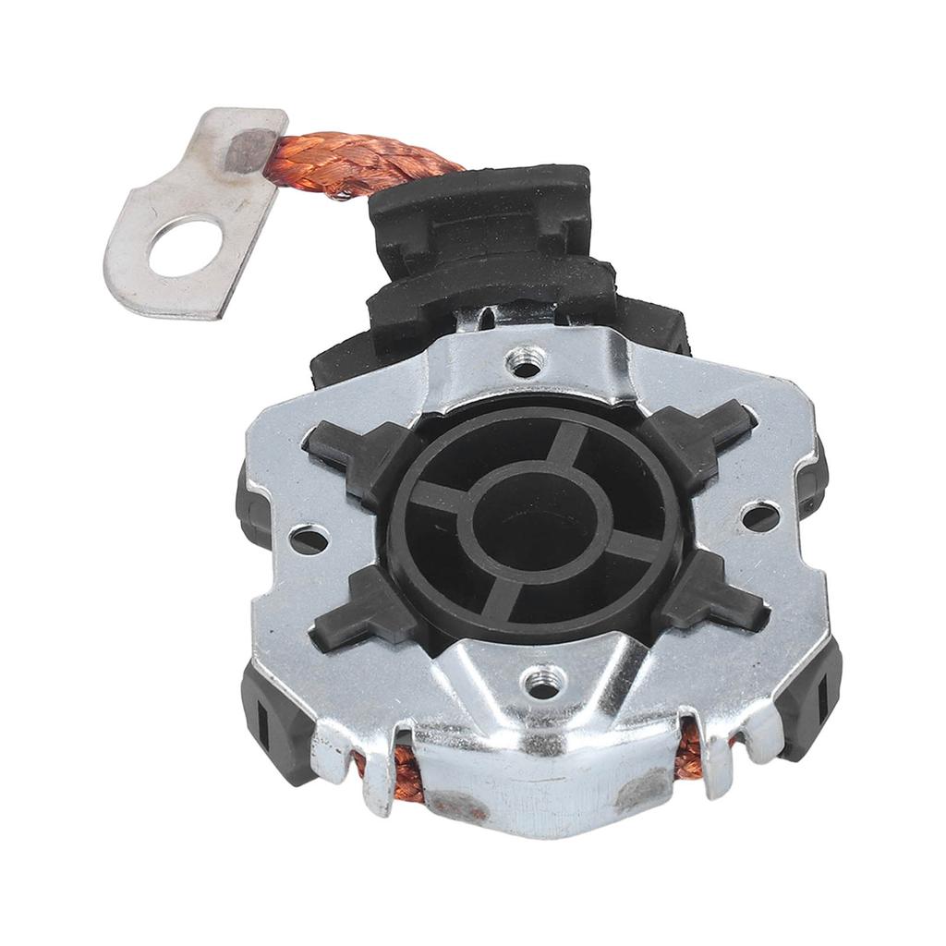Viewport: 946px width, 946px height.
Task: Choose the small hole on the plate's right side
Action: coord(760,515)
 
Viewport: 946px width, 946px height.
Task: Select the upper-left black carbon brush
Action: coord(356,454)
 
